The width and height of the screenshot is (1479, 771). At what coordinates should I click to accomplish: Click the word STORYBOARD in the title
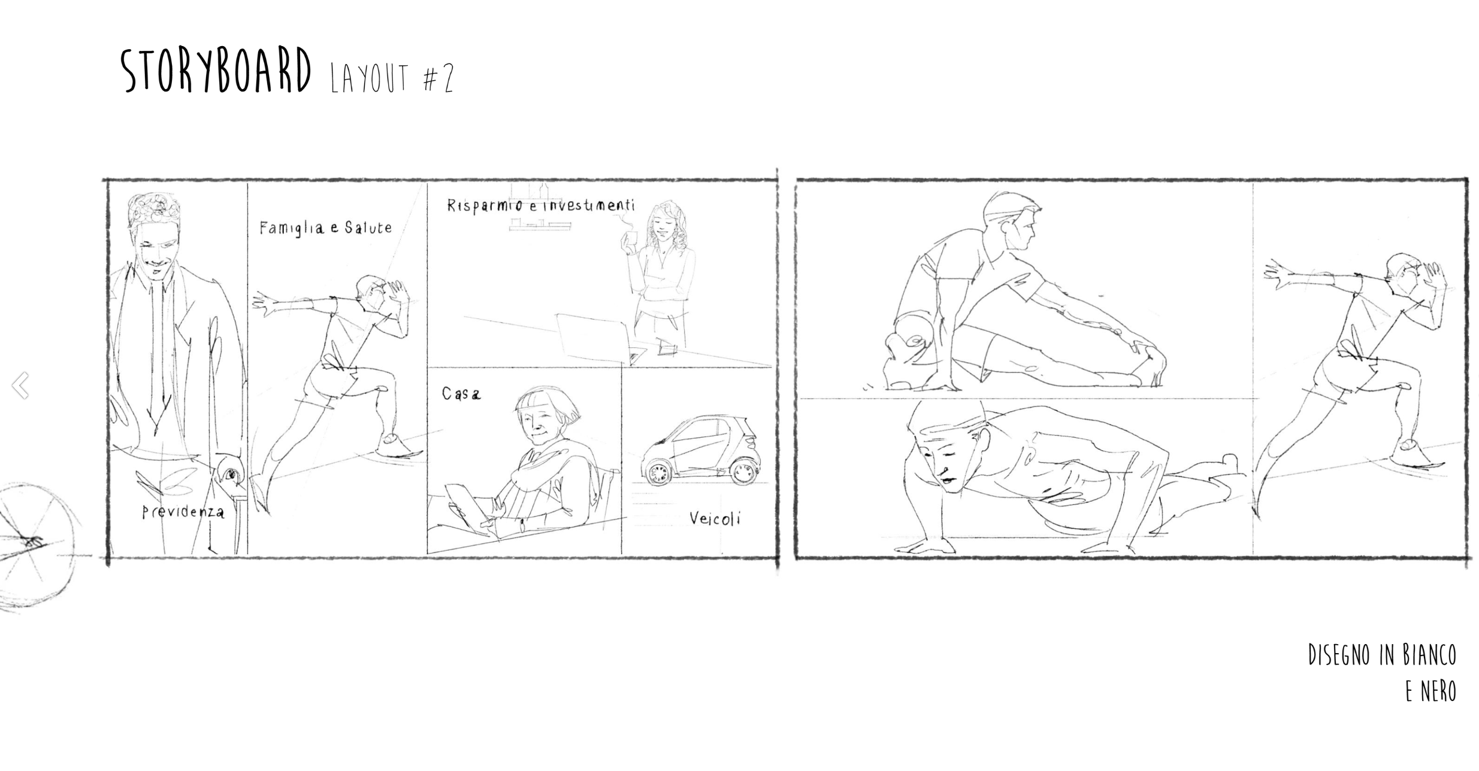click(x=216, y=71)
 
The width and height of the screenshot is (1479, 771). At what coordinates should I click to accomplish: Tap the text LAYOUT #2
click(x=393, y=78)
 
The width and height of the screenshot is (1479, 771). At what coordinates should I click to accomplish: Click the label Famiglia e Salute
click(x=326, y=227)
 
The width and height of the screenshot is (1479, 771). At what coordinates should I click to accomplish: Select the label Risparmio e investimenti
click(x=541, y=205)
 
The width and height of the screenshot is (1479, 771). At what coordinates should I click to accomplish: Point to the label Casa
click(x=461, y=393)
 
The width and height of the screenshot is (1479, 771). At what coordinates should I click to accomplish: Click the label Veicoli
click(x=715, y=518)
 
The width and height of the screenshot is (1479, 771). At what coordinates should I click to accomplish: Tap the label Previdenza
click(x=183, y=512)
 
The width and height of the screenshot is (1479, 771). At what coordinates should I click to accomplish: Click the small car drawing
click(x=700, y=450)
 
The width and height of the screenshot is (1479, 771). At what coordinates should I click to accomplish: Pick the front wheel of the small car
click(x=658, y=472)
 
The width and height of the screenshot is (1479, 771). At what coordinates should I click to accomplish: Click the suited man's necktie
click(x=158, y=353)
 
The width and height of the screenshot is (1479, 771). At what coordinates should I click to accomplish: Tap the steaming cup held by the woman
click(x=628, y=241)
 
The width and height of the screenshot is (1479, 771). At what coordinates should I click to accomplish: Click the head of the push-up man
click(x=948, y=446)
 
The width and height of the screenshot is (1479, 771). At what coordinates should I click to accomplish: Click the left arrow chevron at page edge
click(x=20, y=385)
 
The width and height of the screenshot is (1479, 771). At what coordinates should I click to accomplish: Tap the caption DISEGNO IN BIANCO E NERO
click(x=1382, y=673)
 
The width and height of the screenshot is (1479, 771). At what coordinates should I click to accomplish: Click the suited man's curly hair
click(x=153, y=209)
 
